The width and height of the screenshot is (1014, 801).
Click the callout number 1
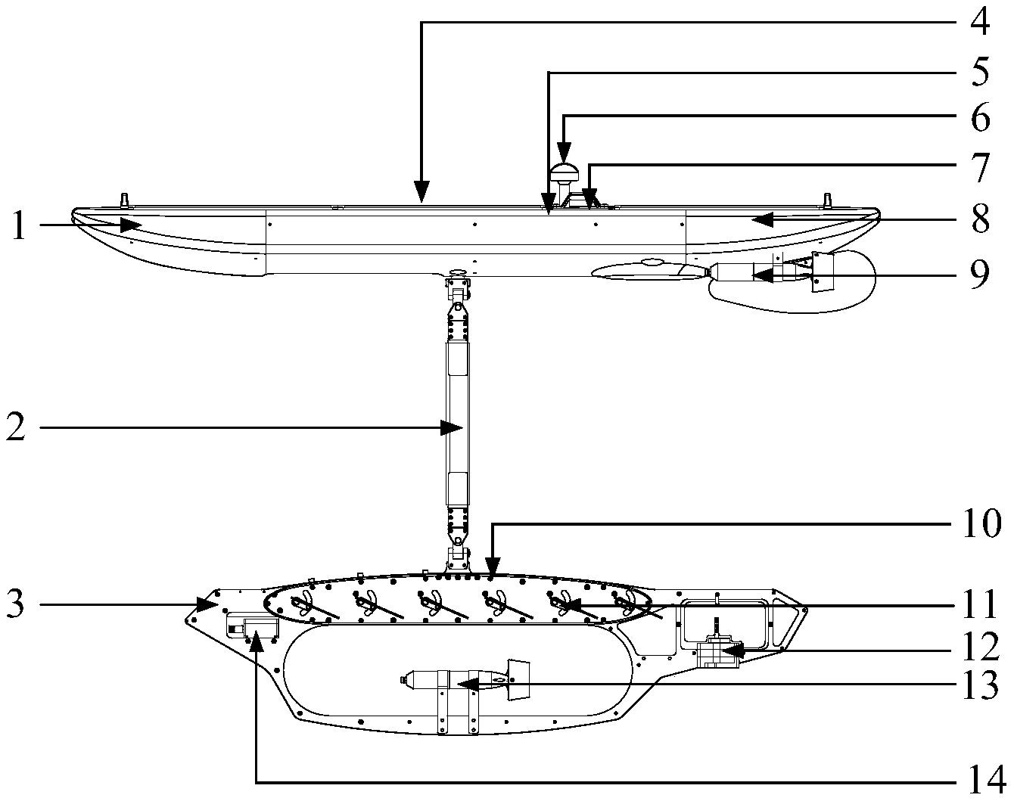(20, 225)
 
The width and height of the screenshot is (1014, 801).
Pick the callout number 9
(979, 275)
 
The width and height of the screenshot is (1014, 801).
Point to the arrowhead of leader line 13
(462, 684)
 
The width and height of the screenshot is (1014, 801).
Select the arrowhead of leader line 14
(257, 637)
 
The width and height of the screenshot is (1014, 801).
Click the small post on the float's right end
(828, 200)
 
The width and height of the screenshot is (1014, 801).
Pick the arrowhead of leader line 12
(734, 649)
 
